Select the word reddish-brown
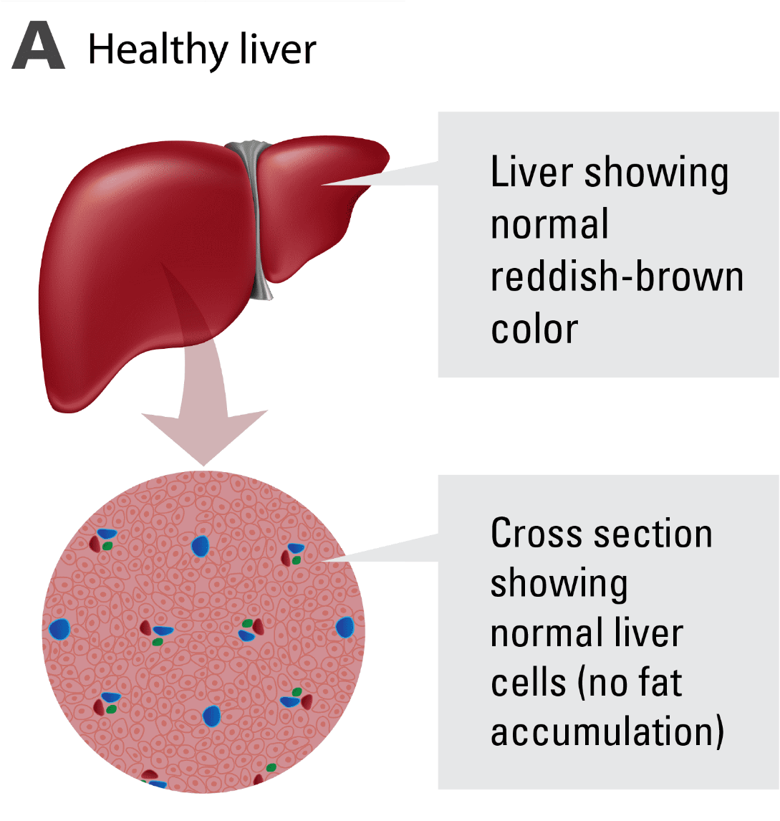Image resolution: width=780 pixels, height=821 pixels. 617,278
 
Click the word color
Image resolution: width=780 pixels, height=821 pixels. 534,329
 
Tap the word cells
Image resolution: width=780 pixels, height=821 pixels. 527,684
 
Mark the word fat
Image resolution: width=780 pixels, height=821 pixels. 657,683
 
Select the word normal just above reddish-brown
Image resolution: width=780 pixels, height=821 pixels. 549,225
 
